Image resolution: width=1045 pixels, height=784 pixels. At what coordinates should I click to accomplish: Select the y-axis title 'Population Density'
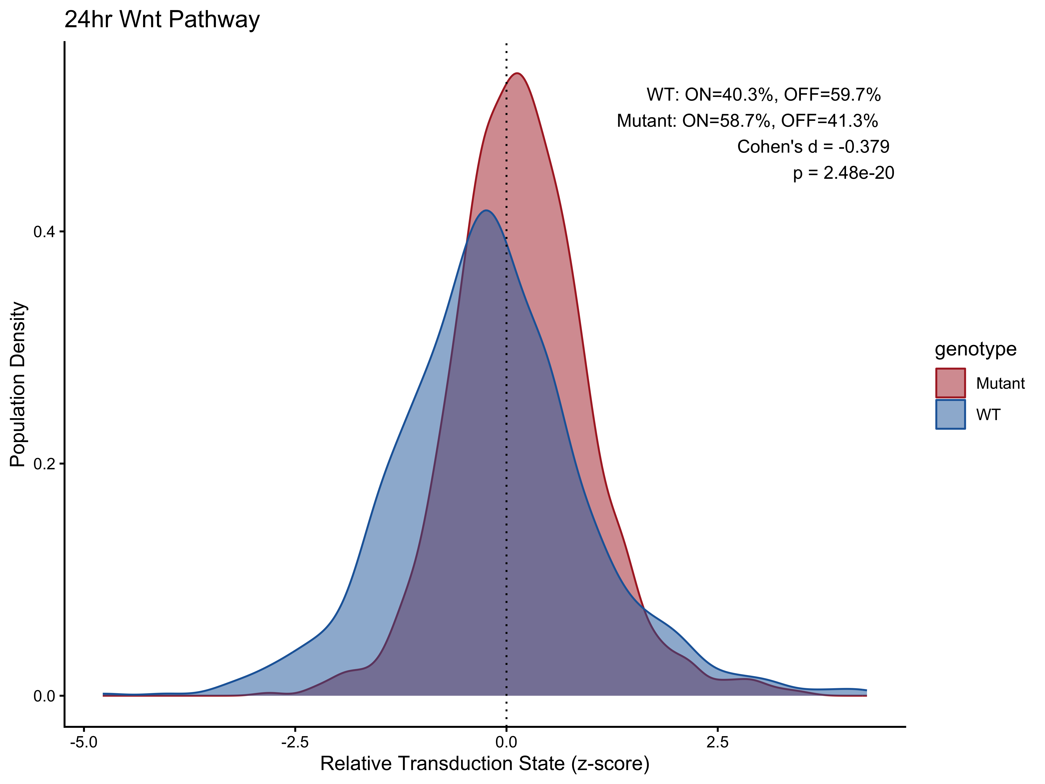[x=18, y=384]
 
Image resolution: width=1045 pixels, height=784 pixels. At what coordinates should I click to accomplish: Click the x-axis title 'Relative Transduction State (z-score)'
[x=485, y=764]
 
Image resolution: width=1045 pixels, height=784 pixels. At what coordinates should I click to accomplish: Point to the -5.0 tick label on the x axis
[x=84, y=742]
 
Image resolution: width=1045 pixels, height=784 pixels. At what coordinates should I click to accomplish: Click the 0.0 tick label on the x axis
[x=506, y=742]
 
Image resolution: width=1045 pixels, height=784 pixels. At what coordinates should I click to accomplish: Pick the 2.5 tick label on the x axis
[x=718, y=742]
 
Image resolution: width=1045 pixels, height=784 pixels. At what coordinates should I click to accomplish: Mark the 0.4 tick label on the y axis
[x=44, y=232]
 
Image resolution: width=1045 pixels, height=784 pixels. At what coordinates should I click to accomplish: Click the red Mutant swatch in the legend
[x=951, y=383]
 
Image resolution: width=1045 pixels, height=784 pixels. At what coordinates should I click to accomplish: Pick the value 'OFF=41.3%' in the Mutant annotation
[x=829, y=121]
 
